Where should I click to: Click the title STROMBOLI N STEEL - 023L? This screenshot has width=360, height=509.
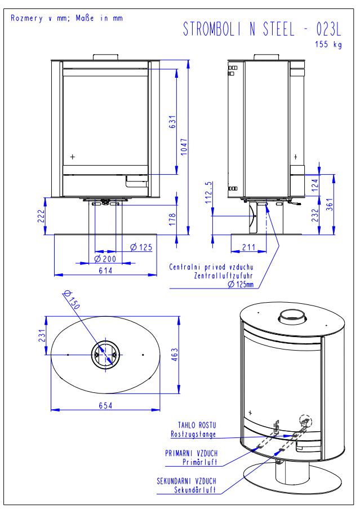coord(262,30)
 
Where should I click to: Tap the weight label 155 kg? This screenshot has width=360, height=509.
coord(328,45)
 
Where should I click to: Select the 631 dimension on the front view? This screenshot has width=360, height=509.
coord(173,122)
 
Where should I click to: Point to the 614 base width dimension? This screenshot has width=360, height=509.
coord(105,271)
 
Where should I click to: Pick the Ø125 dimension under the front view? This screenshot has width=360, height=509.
coord(141,247)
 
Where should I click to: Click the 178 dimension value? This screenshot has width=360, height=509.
coord(173,219)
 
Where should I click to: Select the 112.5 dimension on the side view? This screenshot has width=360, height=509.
coord(209,192)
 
